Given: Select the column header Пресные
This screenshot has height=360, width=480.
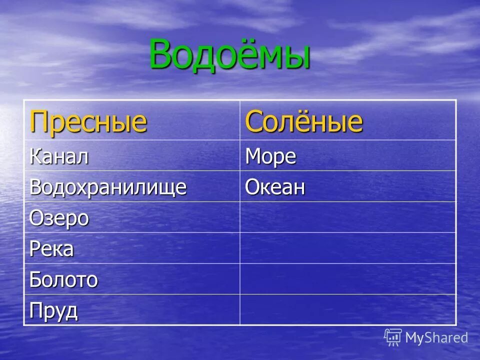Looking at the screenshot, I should click(88, 121).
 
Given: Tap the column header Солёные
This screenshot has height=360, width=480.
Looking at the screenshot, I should click(303, 121).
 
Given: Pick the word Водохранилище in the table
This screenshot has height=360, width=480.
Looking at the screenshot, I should click(108, 187).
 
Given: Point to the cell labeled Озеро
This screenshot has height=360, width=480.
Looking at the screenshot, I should click(59, 218).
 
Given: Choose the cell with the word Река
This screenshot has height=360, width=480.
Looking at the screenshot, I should click(51, 248).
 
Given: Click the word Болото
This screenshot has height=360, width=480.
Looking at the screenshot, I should click(63, 279).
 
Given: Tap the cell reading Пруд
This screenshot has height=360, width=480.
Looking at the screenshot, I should click(53, 311).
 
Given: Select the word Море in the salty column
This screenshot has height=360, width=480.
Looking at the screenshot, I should click(270, 156).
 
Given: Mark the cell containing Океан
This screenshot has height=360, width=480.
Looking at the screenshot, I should click(274, 187).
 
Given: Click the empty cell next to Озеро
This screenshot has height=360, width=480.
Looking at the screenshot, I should click(347, 217).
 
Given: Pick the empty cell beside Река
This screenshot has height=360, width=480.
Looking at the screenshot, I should click(347, 248).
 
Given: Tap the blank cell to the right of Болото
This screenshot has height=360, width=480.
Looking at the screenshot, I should click(347, 279).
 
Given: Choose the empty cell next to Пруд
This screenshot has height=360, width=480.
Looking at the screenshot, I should click(347, 310).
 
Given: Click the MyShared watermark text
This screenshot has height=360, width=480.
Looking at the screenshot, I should click(436, 338).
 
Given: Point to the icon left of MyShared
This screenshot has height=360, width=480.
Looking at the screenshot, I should click(393, 337).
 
